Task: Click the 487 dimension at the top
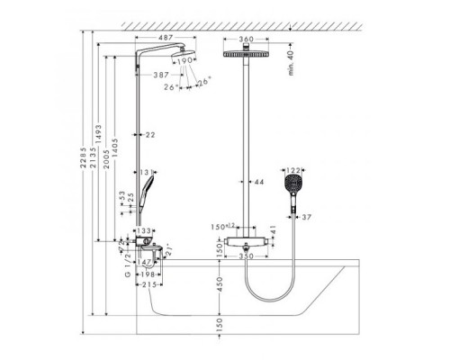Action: point(162,39)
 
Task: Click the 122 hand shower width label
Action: point(295,169)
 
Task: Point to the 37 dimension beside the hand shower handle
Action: point(307,217)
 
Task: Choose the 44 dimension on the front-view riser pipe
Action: point(259,184)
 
